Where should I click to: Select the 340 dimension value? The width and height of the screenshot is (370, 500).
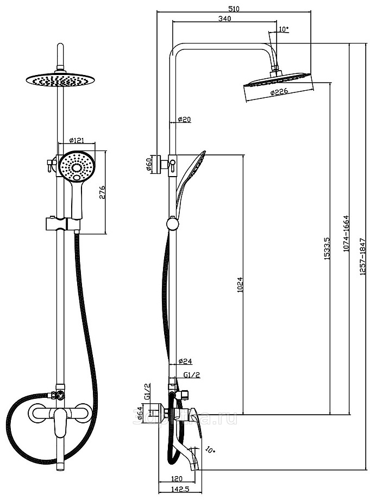[x=224, y=18]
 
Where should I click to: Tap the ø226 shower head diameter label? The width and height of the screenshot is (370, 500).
[x=279, y=93]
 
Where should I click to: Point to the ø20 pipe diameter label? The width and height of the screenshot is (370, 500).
[x=184, y=120]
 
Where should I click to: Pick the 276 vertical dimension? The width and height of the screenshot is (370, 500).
[x=102, y=192]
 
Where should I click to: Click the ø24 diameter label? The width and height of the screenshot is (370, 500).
[x=185, y=361]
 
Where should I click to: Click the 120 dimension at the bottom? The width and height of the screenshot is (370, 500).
[x=175, y=479]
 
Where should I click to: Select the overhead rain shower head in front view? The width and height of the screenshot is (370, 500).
[x=60, y=80]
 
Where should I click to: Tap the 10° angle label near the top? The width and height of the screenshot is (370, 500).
[x=283, y=29]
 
